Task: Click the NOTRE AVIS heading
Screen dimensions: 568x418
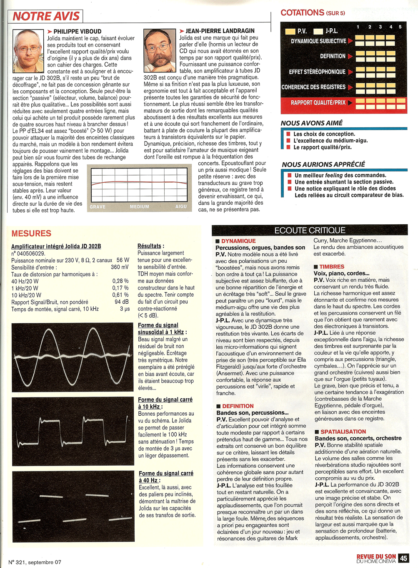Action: pyautogui.click(x=46, y=16)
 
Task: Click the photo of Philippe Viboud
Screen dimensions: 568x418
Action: pyautogui.click(x=28, y=51)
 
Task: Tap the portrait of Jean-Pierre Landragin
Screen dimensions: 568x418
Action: pyautogui.click(x=159, y=50)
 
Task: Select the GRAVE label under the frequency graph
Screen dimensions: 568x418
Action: pyautogui.click(x=98, y=207)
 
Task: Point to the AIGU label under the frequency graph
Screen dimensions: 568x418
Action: pyautogui.click(x=181, y=206)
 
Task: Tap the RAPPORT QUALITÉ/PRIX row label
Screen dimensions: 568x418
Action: pyautogui.click(x=318, y=102)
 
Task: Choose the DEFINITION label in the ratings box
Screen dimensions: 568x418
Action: pyautogui.click(x=333, y=56)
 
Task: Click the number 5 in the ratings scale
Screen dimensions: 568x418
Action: pyautogui.click(x=400, y=27)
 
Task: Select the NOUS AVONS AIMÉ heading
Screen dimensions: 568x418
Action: pyautogui.click(x=312, y=123)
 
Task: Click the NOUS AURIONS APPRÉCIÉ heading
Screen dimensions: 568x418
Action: pyautogui.click(x=323, y=164)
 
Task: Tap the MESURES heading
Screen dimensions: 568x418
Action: pyautogui.click(x=31, y=233)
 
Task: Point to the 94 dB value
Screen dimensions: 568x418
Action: pyautogui.click(x=122, y=302)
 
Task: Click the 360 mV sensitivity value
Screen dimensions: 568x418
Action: pyautogui.click(x=120, y=267)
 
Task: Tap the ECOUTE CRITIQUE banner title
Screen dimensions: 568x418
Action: pyautogui.click(x=310, y=230)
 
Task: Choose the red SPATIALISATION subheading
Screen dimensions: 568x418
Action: pyautogui.click(x=343, y=432)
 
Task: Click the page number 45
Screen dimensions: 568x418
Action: pyautogui.click(x=403, y=558)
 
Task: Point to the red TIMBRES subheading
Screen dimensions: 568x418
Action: pyautogui.click(x=332, y=267)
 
